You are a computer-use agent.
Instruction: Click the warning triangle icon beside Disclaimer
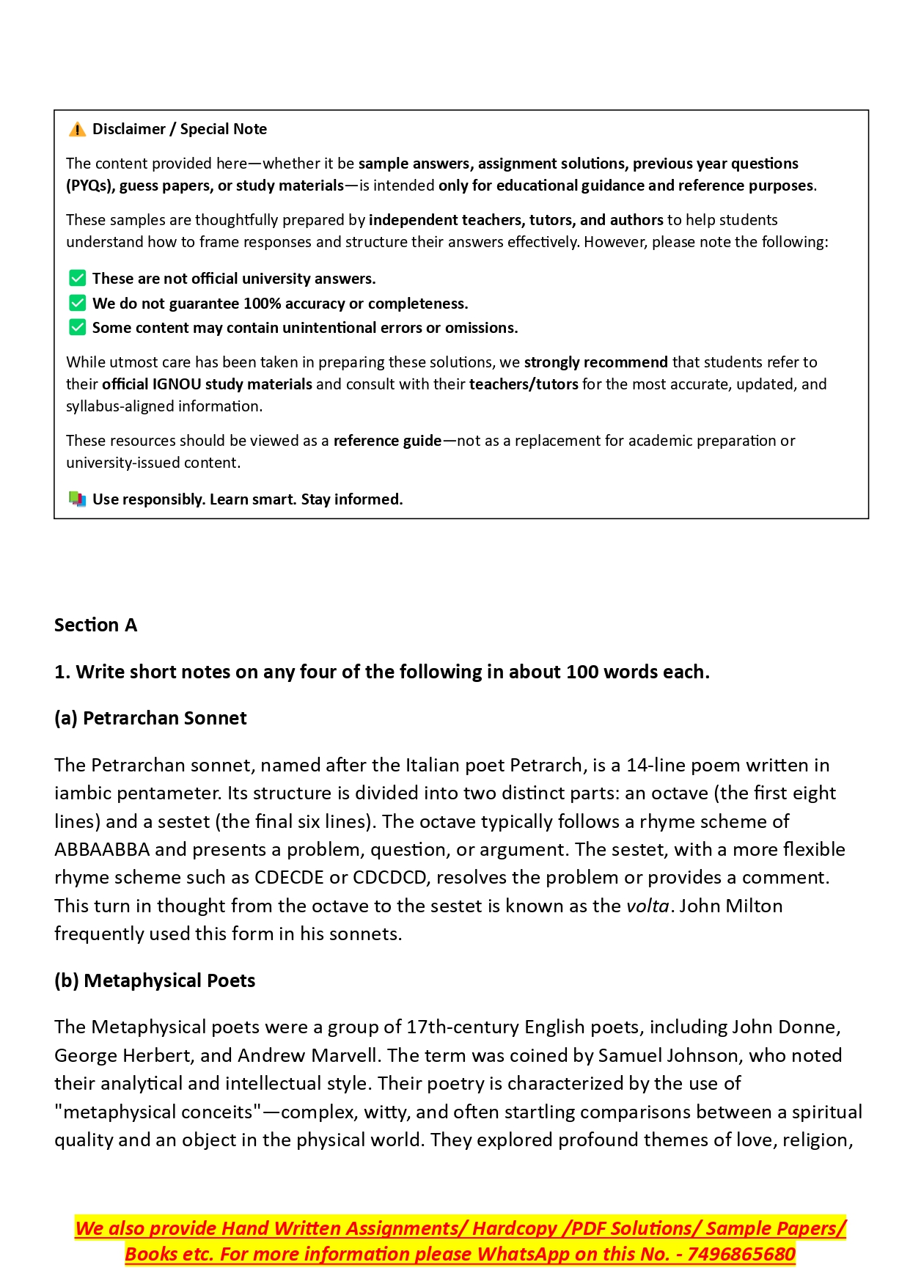point(77,130)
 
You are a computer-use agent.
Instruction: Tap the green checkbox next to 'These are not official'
point(77,279)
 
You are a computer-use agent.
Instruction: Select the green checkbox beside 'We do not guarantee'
point(77,303)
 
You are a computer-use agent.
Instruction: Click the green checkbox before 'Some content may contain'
point(77,327)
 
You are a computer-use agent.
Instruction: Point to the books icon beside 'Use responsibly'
point(77,499)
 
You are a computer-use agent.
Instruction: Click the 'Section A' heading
point(95,625)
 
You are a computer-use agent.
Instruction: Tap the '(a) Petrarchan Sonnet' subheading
point(150,718)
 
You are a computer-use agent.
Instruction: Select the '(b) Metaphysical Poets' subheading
point(155,980)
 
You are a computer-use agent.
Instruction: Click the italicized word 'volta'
point(647,906)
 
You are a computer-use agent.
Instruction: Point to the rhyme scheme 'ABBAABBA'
point(102,849)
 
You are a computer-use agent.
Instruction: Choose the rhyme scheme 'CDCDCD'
point(389,878)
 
